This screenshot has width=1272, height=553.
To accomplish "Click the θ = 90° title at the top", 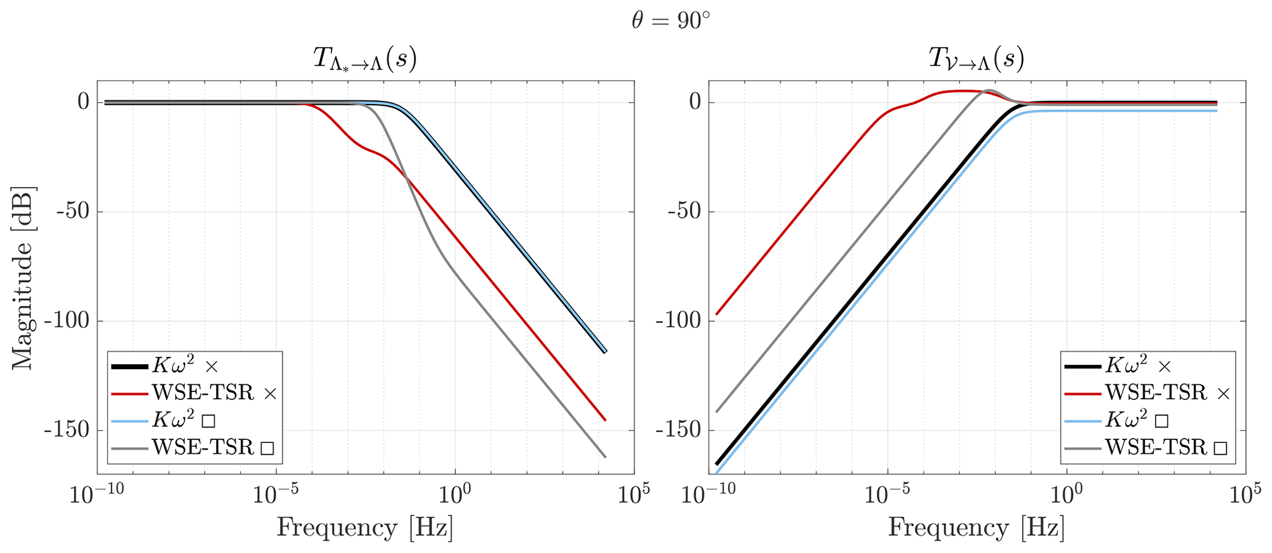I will tap(670, 21).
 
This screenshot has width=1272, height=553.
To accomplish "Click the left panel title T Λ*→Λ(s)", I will tap(365, 60).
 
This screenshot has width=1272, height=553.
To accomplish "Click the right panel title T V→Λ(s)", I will tap(976, 60).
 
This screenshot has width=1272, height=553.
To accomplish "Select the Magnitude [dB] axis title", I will tap(23, 278).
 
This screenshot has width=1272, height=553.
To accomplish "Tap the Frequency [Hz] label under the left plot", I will tap(365, 528).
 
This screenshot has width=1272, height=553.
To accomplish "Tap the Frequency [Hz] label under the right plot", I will tap(976, 528).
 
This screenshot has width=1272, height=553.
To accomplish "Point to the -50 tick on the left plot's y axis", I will tap(73, 212).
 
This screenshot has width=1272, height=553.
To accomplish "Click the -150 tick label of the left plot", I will tap(66, 429).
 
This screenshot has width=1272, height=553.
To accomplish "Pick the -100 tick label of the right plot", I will tap(678, 320).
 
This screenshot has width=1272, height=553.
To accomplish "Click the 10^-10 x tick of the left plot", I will tap(96, 494).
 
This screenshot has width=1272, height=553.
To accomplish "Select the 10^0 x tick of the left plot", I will tap(455, 494).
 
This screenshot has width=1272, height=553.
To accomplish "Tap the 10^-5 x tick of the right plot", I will tap(887, 494).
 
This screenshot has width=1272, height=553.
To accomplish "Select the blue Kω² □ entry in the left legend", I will tap(183, 420).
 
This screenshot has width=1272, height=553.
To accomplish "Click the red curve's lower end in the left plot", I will tap(606, 420).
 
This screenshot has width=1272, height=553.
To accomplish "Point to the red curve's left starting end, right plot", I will tap(716, 314).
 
